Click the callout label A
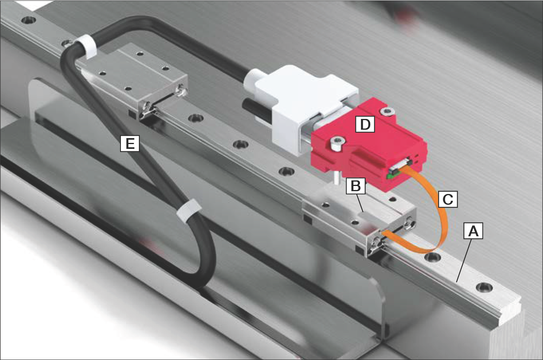pos(473,231)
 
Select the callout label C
pos(448,198)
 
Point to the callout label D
pos(365,125)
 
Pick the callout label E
pos(130,143)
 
